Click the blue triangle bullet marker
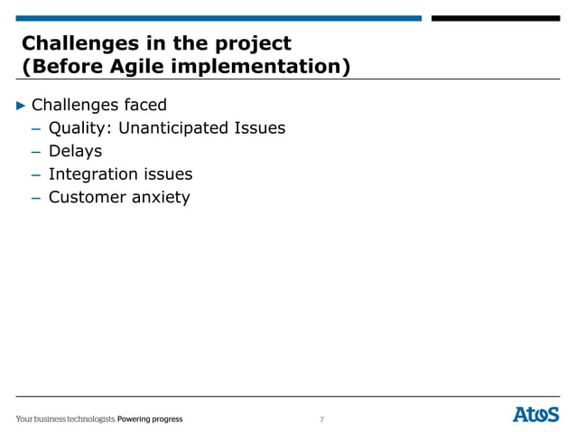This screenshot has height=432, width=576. pyautogui.click(x=23, y=105)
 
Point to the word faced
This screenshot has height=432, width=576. pyautogui.click(x=144, y=105)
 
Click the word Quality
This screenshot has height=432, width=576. pyautogui.click(x=79, y=128)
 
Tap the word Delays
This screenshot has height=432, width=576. pyautogui.click(x=75, y=151)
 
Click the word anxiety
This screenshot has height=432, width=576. pyautogui.click(x=161, y=198)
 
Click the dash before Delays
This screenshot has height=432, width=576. pyautogui.click(x=37, y=152)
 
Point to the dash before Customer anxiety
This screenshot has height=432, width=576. pyautogui.click(x=37, y=198)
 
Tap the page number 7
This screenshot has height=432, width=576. pyautogui.click(x=322, y=419)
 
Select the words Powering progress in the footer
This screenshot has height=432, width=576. pyautogui.click(x=151, y=419)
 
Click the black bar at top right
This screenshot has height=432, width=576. pyautogui.click(x=495, y=18)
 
